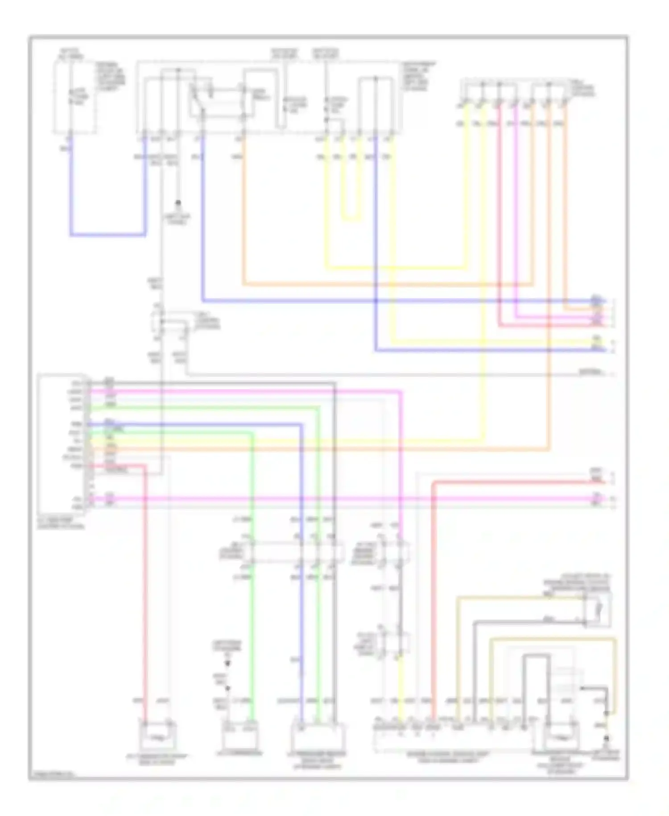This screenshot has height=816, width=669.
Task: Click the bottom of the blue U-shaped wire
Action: (107, 234)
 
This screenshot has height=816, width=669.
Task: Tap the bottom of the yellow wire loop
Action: (352, 220)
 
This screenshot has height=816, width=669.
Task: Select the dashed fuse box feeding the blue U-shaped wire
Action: (74, 96)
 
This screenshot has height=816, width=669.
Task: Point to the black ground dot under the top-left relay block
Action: (178, 203)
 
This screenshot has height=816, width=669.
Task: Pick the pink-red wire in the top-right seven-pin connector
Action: (499, 201)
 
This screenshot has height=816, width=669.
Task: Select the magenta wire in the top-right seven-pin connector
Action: (516, 201)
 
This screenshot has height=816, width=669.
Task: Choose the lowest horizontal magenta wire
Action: (339, 499)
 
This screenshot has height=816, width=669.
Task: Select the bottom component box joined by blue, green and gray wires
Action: (317, 735)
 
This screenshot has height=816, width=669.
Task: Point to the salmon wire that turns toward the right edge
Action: (513, 482)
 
